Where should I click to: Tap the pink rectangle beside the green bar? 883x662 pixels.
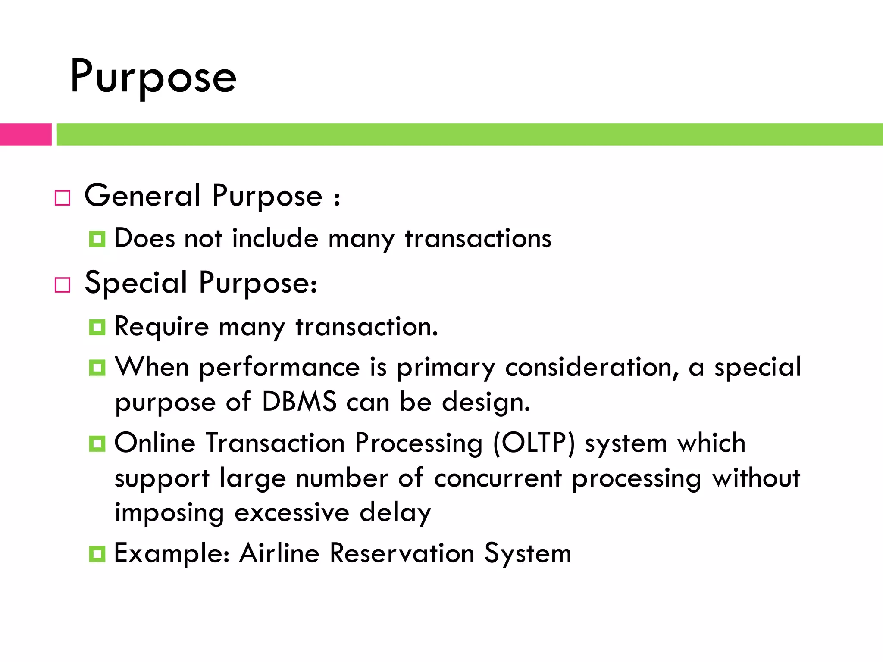click(x=25, y=134)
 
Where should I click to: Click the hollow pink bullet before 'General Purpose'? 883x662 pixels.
click(x=63, y=198)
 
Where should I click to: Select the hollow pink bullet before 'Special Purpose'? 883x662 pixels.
click(x=63, y=285)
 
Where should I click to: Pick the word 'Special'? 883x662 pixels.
click(x=136, y=283)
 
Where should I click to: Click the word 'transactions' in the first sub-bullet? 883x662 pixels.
click(x=478, y=238)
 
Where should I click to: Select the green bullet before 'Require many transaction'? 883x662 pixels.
click(x=97, y=328)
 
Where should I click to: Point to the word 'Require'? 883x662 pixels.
click(x=162, y=327)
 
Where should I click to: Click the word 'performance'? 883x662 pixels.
click(x=279, y=368)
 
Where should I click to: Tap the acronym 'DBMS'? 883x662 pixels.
click(x=299, y=402)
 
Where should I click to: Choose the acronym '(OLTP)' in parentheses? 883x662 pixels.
click(x=534, y=443)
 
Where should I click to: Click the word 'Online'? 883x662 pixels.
click(x=155, y=443)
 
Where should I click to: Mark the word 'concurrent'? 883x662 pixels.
click(x=498, y=478)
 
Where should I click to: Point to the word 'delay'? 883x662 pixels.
click(x=395, y=513)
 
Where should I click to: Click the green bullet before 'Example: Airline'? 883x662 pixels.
click(x=97, y=554)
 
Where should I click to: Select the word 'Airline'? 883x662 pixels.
click(x=279, y=553)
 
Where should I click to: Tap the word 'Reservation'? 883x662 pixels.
click(x=402, y=553)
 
